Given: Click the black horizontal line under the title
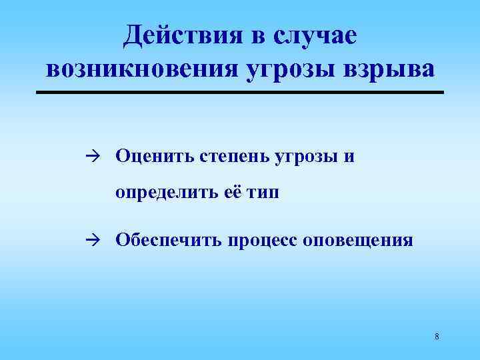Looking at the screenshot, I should point(239,92).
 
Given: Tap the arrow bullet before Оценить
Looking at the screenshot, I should point(92,156).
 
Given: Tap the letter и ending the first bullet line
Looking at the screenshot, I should point(349,157).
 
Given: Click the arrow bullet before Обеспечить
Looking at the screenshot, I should point(92,239).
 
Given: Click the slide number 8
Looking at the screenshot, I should point(436,336).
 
